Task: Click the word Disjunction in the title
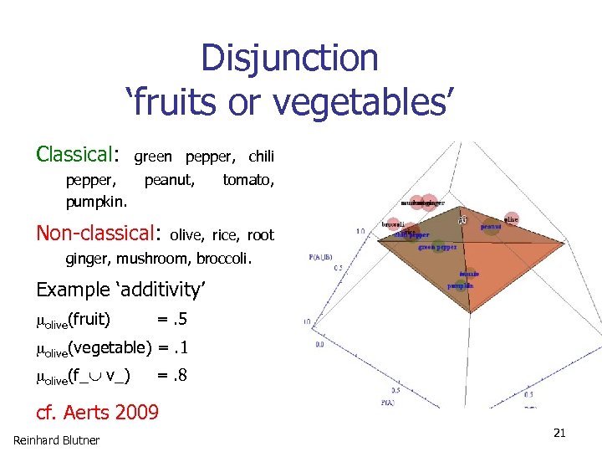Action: click(x=289, y=59)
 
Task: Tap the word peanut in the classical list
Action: click(x=170, y=179)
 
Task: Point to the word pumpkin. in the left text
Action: click(x=97, y=202)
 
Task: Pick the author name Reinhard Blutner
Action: click(x=56, y=440)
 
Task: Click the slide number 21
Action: click(x=559, y=433)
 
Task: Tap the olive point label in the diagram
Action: click(x=511, y=219)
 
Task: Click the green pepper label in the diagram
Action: click(x=437, y=247)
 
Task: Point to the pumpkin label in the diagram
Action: click(x=460, y=285)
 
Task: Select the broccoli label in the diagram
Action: click(x=394, y=224)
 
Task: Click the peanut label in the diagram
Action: click(x=491, y=226)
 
